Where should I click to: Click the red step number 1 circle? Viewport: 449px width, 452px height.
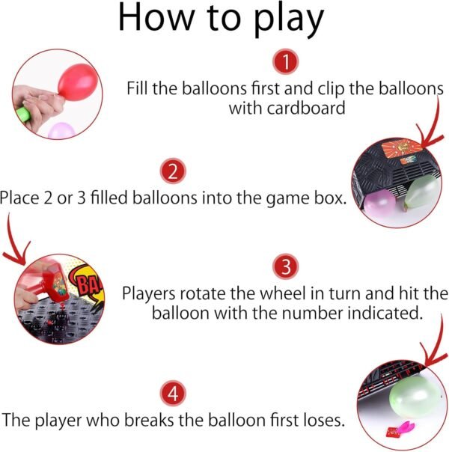pyautogui.click(x=285, y=61)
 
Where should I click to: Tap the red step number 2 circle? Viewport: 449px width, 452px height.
pyautogui.click(x=173, y=171)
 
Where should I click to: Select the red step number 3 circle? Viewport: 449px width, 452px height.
pyautogui.click(x=285, y=266)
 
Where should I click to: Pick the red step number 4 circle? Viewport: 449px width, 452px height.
pyautogui.click(x=173, y=393)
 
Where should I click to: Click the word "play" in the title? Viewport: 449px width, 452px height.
pyautogui.click(x=289, y=20)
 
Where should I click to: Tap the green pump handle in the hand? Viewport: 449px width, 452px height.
pyautogui.click(x=22, y=114)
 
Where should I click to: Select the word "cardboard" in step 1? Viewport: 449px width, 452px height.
pyautogui.click(x=306, y=108)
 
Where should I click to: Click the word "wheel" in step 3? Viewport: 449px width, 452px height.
pyautogui.click(x=282, y=293)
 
